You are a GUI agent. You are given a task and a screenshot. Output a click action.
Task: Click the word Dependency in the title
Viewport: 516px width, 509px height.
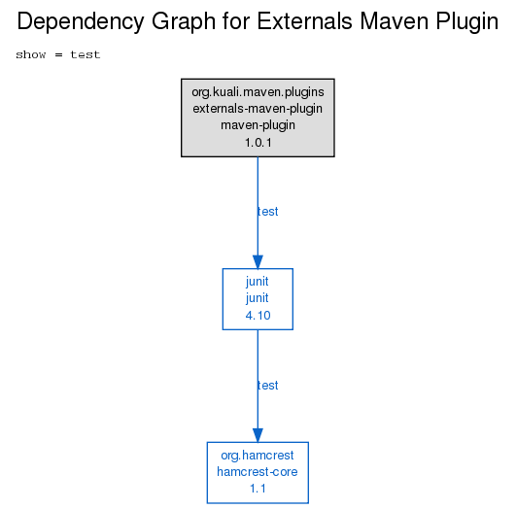[x=81, y=22]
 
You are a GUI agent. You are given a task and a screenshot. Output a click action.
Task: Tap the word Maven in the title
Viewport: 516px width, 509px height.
[x=395, y=21]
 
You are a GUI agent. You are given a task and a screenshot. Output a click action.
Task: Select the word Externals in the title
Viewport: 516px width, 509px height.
[x=305, y=21]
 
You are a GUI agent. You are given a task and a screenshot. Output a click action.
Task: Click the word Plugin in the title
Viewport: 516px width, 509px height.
[x=467, y=22]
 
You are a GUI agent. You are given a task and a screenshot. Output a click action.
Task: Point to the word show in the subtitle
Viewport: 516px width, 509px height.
[x=30, y=54]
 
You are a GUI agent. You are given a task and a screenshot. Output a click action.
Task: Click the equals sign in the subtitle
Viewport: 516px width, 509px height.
[x=58, y=55]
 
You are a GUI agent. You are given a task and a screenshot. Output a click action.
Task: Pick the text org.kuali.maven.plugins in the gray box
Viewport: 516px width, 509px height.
[x=258, y=92]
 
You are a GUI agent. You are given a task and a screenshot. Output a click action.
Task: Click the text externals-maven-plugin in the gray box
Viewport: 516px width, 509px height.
[x=258, y=109]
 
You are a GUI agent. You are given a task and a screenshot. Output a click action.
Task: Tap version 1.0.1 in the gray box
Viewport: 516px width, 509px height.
[x=258, y=143]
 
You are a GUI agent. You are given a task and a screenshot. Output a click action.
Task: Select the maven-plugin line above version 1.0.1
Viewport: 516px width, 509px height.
[x=258, y=125]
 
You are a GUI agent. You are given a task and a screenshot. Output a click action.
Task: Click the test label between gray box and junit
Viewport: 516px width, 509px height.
[x=268, y=211]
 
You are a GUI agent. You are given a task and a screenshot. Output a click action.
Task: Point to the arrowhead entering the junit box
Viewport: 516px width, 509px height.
[x=258, y=262]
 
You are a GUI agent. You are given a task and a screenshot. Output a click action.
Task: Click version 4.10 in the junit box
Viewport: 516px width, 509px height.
[x=258, y=315]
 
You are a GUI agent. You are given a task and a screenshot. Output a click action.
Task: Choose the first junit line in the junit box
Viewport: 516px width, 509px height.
[x=258, y=282]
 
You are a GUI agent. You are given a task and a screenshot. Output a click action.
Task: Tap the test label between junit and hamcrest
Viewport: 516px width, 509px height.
[x=268, y=385]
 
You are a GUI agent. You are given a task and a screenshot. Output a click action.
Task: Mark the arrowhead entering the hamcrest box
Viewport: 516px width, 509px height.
[x=258, y=435]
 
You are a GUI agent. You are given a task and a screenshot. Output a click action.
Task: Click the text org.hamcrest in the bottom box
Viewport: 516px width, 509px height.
[x=258, y=456]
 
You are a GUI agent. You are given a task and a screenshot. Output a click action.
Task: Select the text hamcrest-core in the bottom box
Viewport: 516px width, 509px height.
[x=258, y=472]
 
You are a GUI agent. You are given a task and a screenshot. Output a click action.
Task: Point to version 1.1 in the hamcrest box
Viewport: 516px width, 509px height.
[x=258, y=489]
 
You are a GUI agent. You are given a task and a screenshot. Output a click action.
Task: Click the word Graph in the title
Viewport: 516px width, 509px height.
[x=183, y=22]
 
